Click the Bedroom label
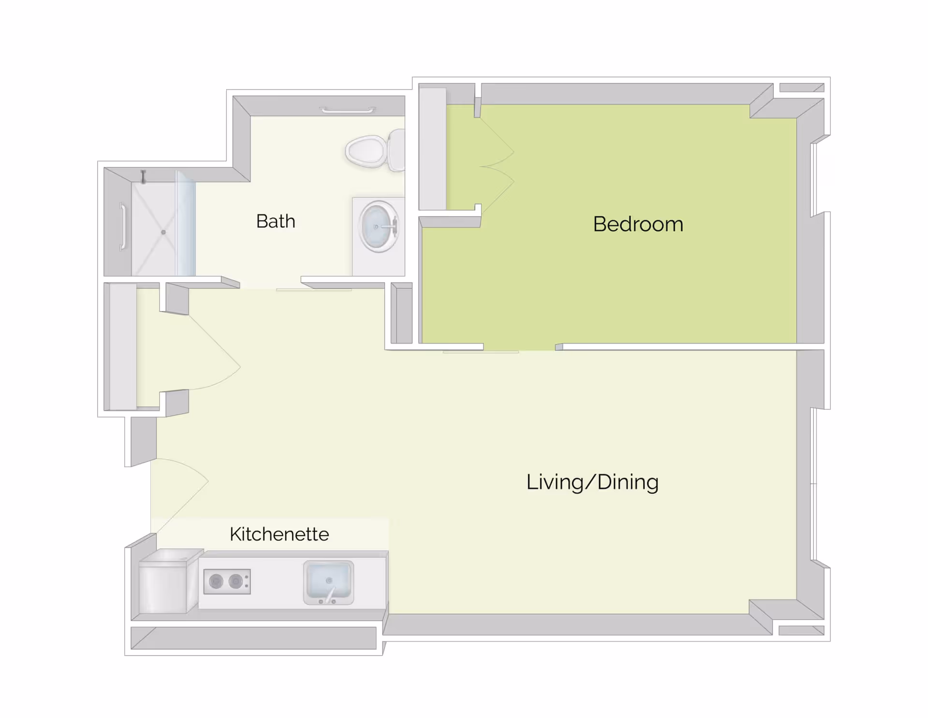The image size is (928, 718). [x=638, y=224]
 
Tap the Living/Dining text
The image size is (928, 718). [x=592, y=482]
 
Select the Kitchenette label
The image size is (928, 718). [x=279, y=534]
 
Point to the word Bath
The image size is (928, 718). [x=275, y=221]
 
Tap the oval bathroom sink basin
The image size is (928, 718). [x=378, y=226]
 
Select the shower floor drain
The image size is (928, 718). [x=163, y=232]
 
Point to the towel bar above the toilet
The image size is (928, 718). [x=347, y=111]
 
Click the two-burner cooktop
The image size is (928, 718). [x=227, y=581]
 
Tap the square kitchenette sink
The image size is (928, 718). [x=328, y=582]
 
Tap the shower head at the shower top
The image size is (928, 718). [x=143, y=177]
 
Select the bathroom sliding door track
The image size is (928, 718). [x=314, y=290]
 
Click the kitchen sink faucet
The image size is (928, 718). [x=331, y=595]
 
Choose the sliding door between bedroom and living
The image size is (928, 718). [x=481, y=352]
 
